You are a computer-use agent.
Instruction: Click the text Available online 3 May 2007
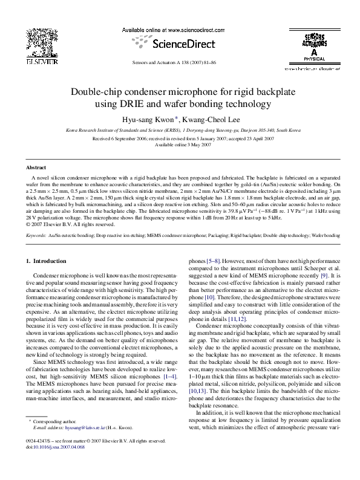coord(180,145)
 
